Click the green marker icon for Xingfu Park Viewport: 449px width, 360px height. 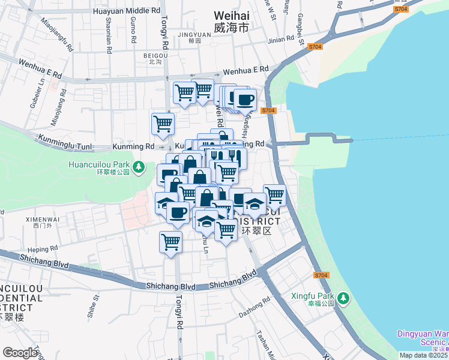pos(343,298)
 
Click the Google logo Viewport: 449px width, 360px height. pos(20,352)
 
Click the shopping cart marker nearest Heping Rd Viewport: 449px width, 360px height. pos(170,242)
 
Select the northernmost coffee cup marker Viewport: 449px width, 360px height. pos(244,99)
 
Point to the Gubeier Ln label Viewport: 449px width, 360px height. pos(34,93)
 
